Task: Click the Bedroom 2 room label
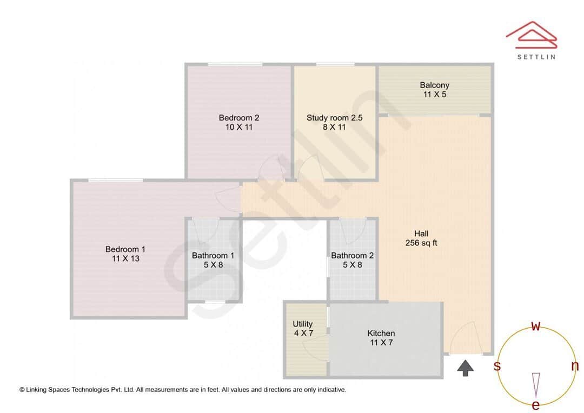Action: pos(239,118)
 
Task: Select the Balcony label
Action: pos(434,85)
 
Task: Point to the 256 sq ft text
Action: pos(421,243)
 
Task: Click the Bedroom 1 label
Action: pos(125,249)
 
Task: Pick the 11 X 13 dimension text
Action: pos(125,259)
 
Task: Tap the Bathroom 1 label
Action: pos(213,256)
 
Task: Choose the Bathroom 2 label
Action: pos(352,256)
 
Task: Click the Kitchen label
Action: pos(381,333)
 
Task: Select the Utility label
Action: pos(303,324)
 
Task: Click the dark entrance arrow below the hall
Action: pos(466,368)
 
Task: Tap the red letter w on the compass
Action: pos(536,326)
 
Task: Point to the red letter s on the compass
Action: pos(497,366)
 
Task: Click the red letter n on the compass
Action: pos(575,366)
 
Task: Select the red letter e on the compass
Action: pos(536,405)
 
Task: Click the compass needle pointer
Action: pos(536,384)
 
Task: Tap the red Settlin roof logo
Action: pos(531,33)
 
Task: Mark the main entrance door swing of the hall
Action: pos(462,338)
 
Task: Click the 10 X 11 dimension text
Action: pos(239,128)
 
